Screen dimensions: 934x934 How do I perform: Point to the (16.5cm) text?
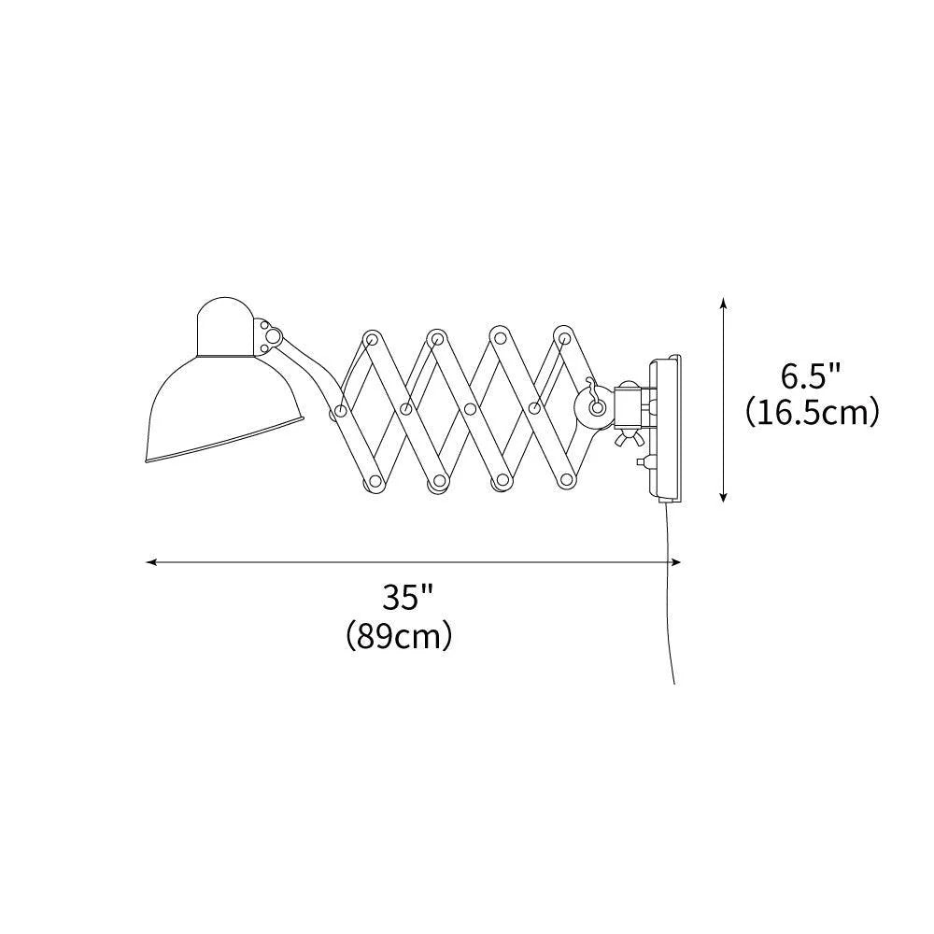[x=813, y=412]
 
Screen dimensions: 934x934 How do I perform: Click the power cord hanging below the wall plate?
[x=671, y=598]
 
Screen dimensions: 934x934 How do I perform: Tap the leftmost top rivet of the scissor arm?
[x=373, y=336]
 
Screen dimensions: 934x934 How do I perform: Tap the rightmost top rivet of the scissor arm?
[x=561, y=336]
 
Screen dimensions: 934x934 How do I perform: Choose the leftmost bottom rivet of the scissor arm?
[x=373, y=481]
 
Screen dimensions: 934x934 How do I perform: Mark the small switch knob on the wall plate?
[x=641, y=461]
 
